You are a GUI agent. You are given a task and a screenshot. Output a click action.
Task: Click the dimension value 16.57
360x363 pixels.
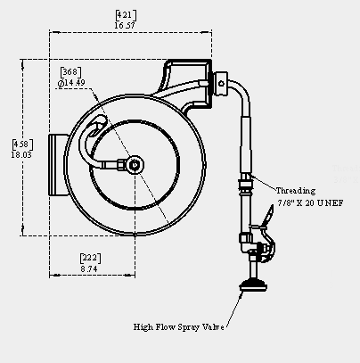[125, 26]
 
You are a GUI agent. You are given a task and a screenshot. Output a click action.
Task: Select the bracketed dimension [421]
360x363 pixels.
[126, 15]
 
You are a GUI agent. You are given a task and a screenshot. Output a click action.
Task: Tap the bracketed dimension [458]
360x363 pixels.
[22, 144]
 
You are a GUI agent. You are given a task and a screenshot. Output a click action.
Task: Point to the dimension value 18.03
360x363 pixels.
[21, 155]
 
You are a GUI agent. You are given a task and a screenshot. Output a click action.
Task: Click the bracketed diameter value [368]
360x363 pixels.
[70, 72]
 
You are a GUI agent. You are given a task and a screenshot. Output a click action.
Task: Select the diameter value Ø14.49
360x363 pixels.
[71, 83]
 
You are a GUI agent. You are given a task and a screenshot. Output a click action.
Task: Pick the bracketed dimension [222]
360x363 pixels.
[90, 258]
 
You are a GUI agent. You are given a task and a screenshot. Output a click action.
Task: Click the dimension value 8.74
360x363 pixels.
[89, 269]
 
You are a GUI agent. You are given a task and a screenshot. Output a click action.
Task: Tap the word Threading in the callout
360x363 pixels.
[296, 191]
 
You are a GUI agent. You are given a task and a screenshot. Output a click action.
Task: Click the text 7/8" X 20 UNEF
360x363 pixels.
[311, 203]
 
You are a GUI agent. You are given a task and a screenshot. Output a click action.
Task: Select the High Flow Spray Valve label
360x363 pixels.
[178, 327]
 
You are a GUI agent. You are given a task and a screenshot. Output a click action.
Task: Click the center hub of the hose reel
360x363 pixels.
[135, 165]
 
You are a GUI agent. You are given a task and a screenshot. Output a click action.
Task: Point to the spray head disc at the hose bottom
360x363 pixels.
[253, 285]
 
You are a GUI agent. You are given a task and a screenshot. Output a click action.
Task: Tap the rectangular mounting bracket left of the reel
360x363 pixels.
[59, 165]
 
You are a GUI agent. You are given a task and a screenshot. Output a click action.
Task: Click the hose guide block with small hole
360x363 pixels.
[221, 84]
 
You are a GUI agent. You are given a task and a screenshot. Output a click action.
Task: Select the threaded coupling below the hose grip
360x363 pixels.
[246, 185]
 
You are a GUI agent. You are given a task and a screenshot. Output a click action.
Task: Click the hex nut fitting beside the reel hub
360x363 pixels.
[121, 164]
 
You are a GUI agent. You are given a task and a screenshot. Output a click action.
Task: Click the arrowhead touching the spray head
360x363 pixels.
[241, 294]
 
